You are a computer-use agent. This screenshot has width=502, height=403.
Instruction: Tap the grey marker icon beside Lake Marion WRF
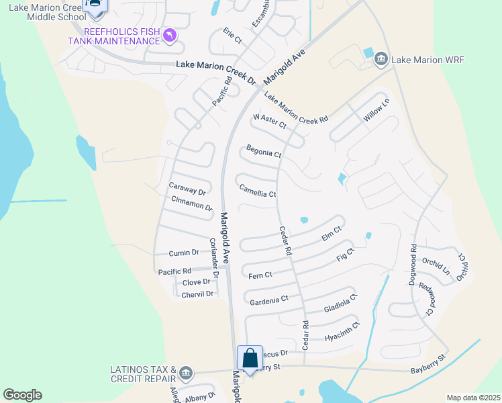pos(381,59)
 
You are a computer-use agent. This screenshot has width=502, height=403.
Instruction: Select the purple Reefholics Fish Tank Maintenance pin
pos(170,34)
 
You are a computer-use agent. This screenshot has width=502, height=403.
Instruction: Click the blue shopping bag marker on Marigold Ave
pos(250,358)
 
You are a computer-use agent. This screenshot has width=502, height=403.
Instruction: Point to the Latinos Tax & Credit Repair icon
pos(187,372)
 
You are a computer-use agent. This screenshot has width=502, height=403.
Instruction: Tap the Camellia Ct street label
pos(258,193)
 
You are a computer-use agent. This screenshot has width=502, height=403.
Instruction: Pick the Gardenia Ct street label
pos(268,298)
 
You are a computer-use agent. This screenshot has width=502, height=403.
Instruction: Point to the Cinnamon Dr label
pos(192,203)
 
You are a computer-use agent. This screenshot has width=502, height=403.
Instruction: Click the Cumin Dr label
pos(184,253)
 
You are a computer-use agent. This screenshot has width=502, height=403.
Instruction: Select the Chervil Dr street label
pos(197,294)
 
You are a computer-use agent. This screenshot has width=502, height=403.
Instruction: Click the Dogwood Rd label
pos(413,265)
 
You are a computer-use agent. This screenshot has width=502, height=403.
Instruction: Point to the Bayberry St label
pos(428,371)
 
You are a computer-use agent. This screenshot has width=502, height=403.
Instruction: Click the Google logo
pos(22,395)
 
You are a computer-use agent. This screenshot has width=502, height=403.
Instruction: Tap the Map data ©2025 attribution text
pos(473,398)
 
